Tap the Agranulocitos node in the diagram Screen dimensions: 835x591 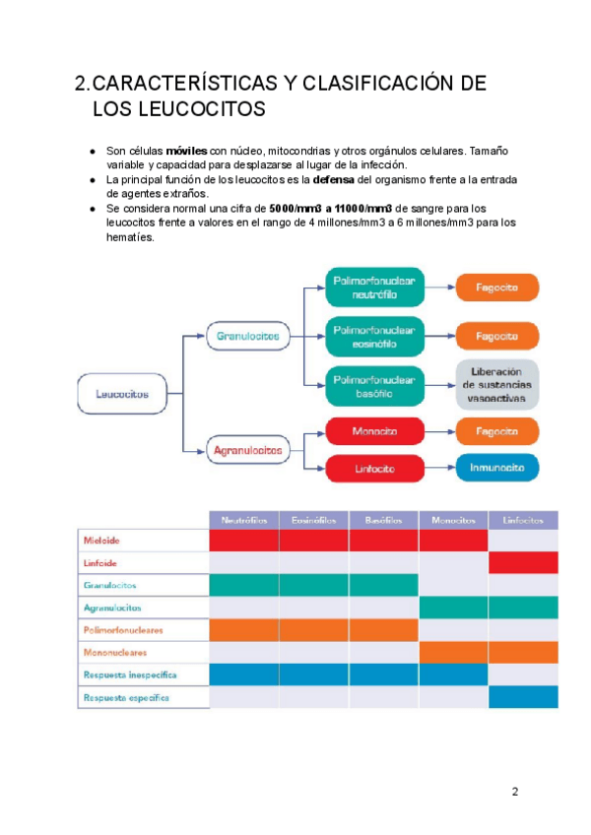247,451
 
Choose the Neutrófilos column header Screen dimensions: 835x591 244,519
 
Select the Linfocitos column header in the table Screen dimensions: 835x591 523,519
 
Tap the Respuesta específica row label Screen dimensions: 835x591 125,697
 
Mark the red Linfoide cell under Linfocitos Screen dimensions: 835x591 523,562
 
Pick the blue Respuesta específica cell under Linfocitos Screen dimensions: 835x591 523,697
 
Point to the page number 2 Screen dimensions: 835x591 514,791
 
